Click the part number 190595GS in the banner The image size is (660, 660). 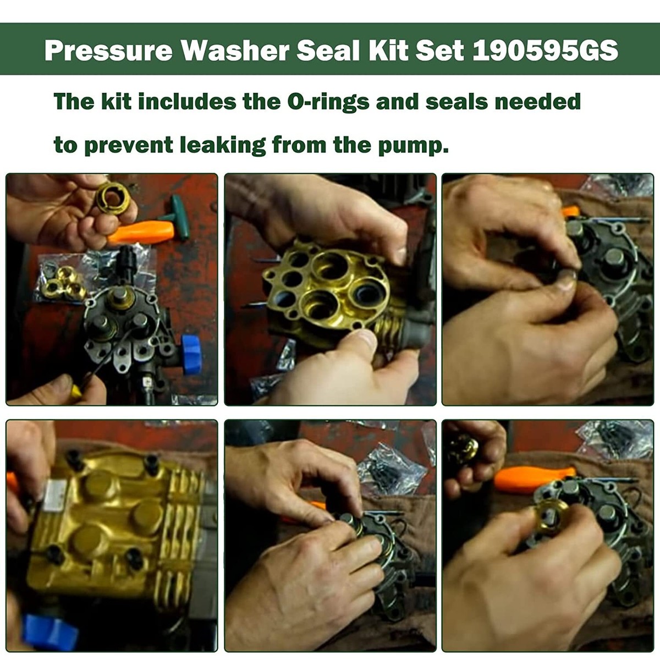pos(545,51)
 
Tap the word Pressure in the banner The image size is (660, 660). pos(108,51)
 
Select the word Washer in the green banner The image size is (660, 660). pos(235,51)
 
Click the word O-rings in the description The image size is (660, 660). pos(328,102)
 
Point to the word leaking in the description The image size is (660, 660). pos(223,145)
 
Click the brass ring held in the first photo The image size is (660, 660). pos(113,198)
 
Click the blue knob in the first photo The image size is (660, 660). pos(192,355)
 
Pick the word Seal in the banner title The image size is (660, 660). pos(328,51)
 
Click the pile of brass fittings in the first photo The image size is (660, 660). pos(64,282)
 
